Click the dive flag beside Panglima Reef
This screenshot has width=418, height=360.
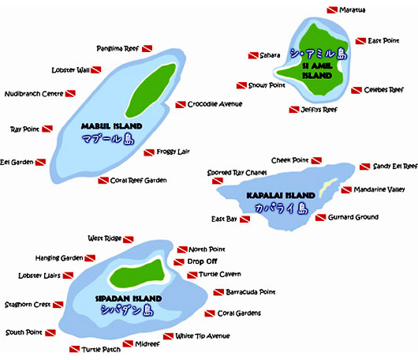147,49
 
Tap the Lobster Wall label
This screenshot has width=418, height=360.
71,70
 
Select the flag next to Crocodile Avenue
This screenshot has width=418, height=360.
181,105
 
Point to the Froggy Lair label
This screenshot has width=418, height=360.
173,152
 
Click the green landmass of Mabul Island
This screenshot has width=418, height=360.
151,91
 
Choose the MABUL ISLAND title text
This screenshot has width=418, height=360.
112,126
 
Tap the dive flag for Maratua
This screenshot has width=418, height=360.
332,10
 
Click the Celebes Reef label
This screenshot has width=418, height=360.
384,90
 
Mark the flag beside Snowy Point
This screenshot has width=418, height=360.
241,86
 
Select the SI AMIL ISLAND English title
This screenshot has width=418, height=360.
317,71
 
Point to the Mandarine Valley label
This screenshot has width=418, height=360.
379,189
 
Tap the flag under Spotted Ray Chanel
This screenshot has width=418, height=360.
218,182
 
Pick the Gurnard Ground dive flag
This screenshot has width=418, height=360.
320,218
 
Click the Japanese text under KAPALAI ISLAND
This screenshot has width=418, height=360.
282,208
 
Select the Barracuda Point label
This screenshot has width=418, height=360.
251,292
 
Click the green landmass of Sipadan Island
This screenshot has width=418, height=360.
137,273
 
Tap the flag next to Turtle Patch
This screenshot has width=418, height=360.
74,349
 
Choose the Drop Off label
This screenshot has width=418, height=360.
203,261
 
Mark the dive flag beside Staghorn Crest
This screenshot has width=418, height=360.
58,305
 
